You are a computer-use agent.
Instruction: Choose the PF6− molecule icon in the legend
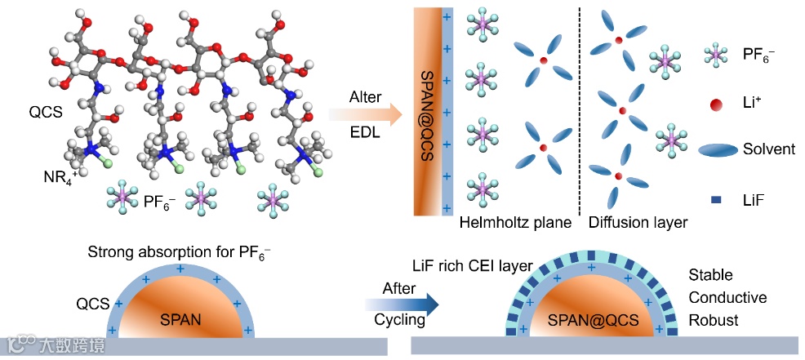(x=717, y=56)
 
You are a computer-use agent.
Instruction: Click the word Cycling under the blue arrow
(x=400, y=320)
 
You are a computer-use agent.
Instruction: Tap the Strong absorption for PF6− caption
(x=179, y=251)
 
